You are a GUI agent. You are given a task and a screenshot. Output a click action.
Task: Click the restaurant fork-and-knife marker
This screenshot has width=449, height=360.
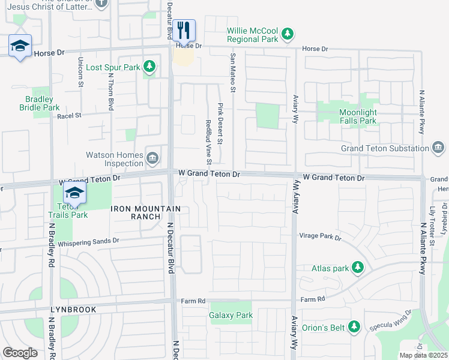pyautogui.click(x=184, y=29)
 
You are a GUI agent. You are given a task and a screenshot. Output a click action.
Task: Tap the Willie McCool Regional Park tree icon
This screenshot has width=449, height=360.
pyautogui.click(x=288, y=33)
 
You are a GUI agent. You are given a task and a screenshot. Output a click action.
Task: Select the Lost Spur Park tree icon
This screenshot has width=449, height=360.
pyautogui.click(x=149, y=67)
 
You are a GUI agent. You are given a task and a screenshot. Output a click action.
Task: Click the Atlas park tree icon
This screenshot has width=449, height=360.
pyautogui.click(x=358, y=266)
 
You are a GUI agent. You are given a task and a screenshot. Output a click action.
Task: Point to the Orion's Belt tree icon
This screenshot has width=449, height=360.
pyautogui.click(x=354, y=326)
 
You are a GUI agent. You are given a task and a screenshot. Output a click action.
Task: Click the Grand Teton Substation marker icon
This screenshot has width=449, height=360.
pyautogui.click(x=438, y=148)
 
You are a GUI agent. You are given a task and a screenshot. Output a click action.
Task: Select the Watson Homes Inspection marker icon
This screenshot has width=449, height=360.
pyautogui.click(x=152, y=158)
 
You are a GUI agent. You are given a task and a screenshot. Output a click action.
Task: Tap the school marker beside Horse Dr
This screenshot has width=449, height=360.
pyautogui.click(x=20, y=46)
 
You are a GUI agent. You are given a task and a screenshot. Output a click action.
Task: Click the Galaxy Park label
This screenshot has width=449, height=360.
pyautogui.click(x=231, y=315)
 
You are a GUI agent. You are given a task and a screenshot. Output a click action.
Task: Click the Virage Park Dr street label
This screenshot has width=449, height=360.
pyautogui.click(x=320, y=236)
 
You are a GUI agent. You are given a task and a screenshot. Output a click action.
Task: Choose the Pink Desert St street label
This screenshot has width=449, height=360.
pyautogui.click(x=220, y=123)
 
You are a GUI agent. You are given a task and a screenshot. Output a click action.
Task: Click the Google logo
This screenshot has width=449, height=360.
pyautogui.click(x=20, y=353)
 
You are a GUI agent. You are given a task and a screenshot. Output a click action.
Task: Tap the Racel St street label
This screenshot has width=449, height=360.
pyautogui.click(x=69, y=116)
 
